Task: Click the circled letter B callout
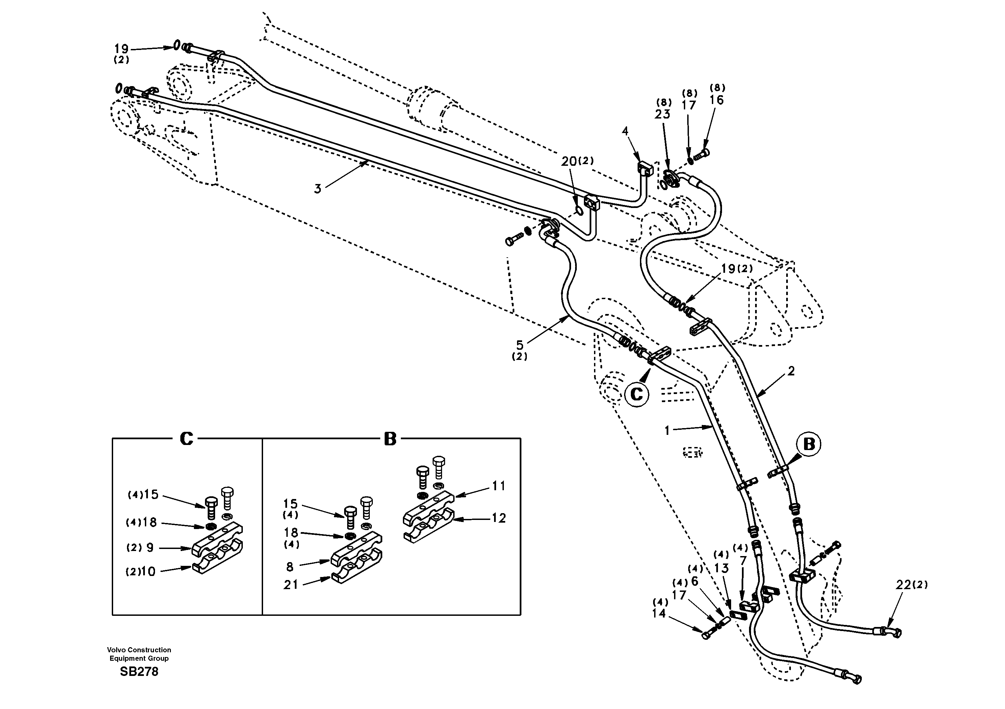808,444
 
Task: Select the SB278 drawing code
139,672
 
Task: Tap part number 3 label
318,189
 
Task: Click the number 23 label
662,114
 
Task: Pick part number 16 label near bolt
717,100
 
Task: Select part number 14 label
659,613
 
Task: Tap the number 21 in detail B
291,584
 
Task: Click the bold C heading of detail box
186,439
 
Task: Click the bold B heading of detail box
390,439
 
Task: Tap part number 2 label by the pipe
791,371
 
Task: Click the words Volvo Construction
139,650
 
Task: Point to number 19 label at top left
121,49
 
